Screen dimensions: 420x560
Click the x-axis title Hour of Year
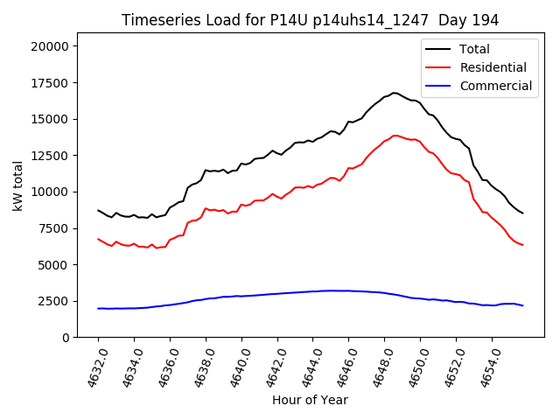point(310,400)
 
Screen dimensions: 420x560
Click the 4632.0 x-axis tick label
point(90,367)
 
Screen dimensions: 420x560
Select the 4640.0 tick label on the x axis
point(234,367)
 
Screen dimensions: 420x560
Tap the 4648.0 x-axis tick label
point(377,367)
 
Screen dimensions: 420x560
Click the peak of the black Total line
point(394,93)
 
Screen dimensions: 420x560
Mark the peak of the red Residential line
point(395,136)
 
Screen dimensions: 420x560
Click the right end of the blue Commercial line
point(523,305)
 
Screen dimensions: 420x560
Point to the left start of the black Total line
point(98,210)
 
